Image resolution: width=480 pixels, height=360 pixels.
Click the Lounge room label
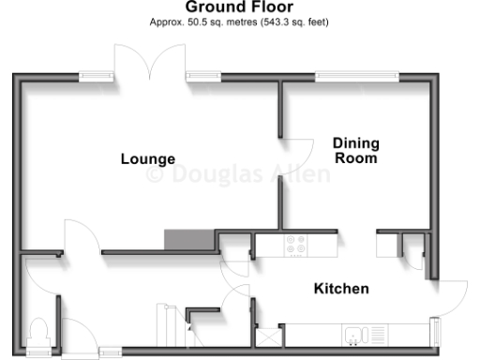point(148,158)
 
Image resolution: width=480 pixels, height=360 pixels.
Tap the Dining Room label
point(356,150)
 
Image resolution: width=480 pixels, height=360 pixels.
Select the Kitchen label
point(341,289)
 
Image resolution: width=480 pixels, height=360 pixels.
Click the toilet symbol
point(39,332)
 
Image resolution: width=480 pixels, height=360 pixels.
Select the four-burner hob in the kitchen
point(296,245)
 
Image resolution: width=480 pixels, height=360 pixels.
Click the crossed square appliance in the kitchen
point(268,335)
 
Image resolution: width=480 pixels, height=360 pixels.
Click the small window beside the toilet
point(39,352)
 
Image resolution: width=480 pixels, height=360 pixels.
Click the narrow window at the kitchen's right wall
point(435,331)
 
